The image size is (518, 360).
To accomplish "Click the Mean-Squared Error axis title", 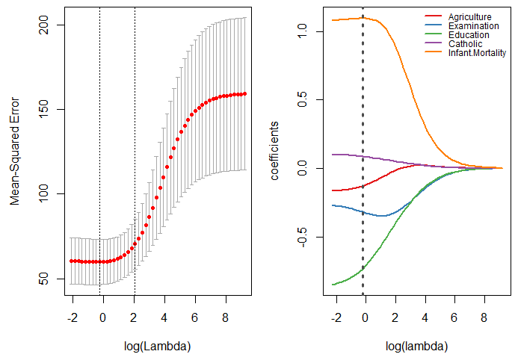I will coord(14,153).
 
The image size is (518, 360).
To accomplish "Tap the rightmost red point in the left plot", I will coord(244,94).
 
